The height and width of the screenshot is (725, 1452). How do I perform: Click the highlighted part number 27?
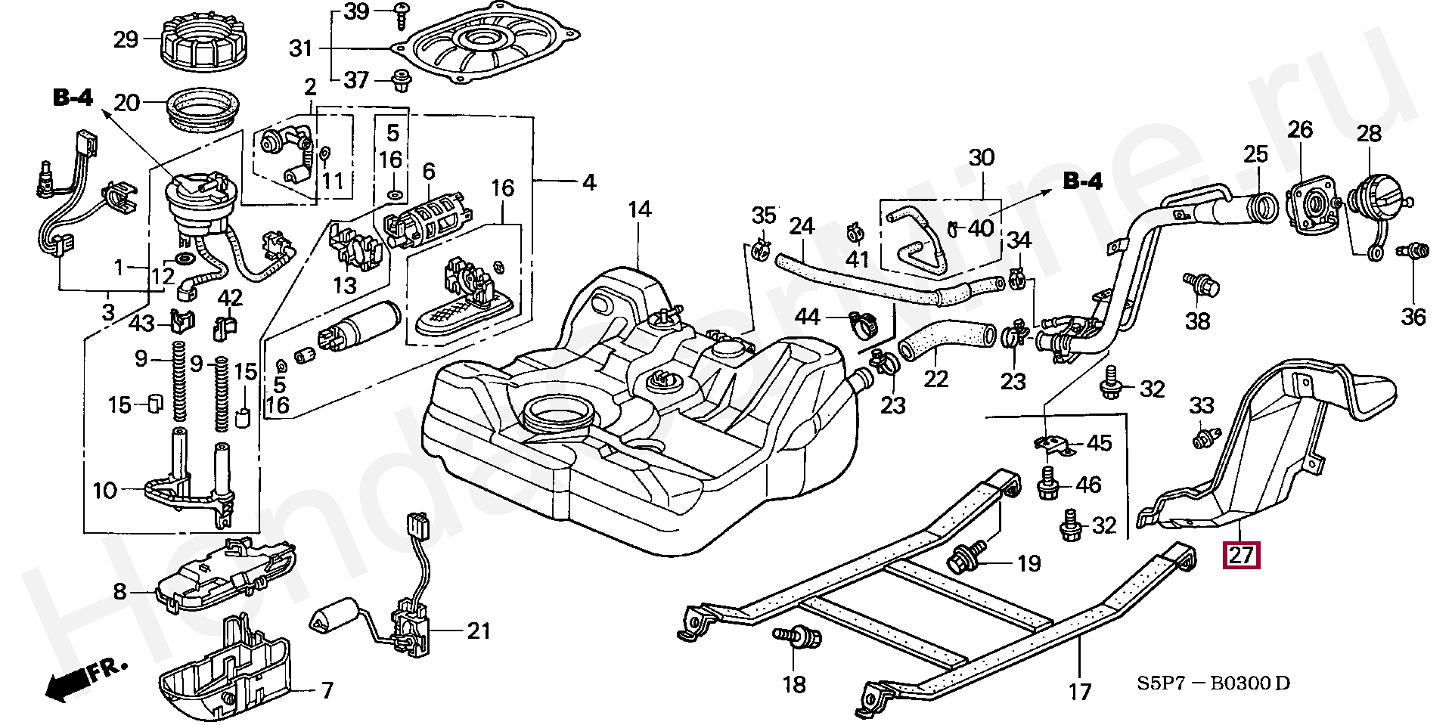(1242, 556)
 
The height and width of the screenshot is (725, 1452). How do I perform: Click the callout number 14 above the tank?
(639, 209)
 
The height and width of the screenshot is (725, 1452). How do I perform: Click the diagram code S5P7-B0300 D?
(1214, 683)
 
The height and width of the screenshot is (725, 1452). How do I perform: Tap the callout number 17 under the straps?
(1080, 691)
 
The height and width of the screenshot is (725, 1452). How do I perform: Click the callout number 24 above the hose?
(802, 226)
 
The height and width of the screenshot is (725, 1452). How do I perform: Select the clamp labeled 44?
(861, 324)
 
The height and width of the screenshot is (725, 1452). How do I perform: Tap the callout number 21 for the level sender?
(479, 631)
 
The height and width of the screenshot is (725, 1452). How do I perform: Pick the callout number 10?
(104, 491)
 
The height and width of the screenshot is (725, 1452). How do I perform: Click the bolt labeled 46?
(1048, 484)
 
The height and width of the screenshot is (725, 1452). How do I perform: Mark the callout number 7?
(327, 690)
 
